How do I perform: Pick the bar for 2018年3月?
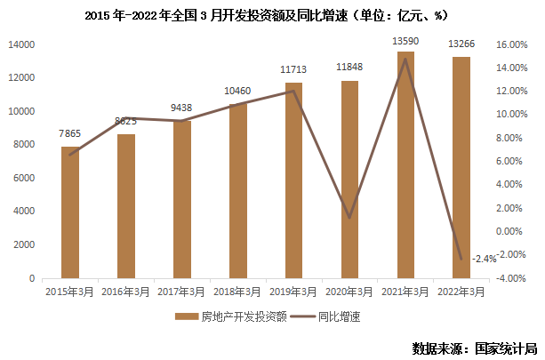(238, 190)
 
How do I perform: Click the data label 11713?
(294, 68)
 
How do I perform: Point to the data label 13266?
(461, 43)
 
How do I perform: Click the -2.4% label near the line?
(485, 259)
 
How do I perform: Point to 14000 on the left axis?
(20, 44)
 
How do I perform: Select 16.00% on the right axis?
(512, 44)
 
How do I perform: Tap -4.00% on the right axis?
(512, 278)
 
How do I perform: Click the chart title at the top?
(272, 15)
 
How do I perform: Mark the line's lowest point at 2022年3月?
(461, 260)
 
